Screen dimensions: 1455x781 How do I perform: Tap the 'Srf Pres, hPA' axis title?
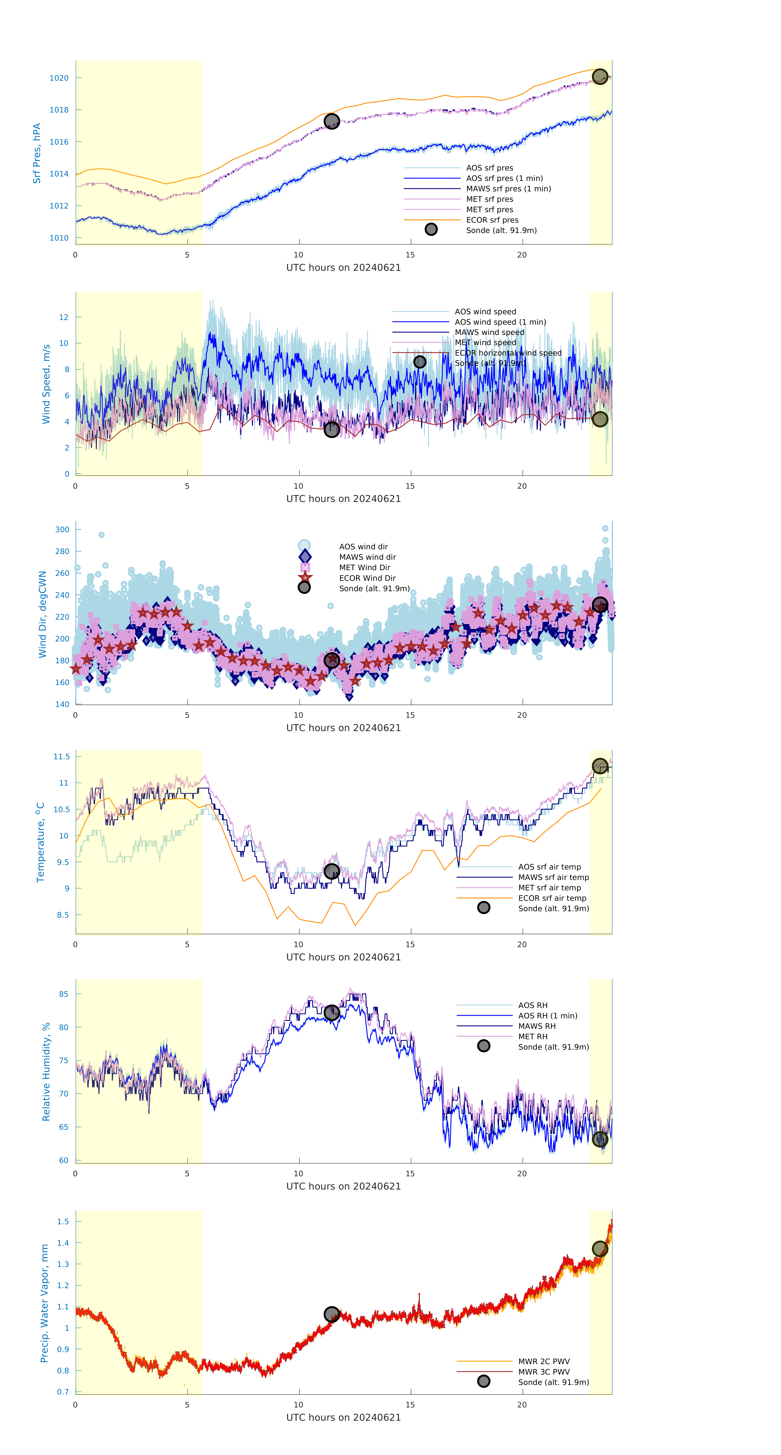pyautogui.click(x=37, y=153)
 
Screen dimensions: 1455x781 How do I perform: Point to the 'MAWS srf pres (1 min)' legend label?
pyautogui.click(x=508, y=189)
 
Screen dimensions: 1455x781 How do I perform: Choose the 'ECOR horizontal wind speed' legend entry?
pyautogui.click(x=508, y=353)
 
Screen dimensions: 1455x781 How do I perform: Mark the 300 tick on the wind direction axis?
pyautogui.click(x=62, y=529)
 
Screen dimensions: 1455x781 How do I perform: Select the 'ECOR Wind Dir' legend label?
pyautogui.click(x=367, y=578)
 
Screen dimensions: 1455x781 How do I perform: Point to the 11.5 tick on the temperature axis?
pyautogui.click(x=61, y=756)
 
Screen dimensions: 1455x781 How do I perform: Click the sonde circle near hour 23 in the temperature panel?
pyautogui.click(x=600, y=766)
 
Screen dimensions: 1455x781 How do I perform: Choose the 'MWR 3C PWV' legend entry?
pyautogui.click(x=544, y=1371)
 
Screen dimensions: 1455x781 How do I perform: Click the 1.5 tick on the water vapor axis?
pyautogui.click(x=63, y=1221)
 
